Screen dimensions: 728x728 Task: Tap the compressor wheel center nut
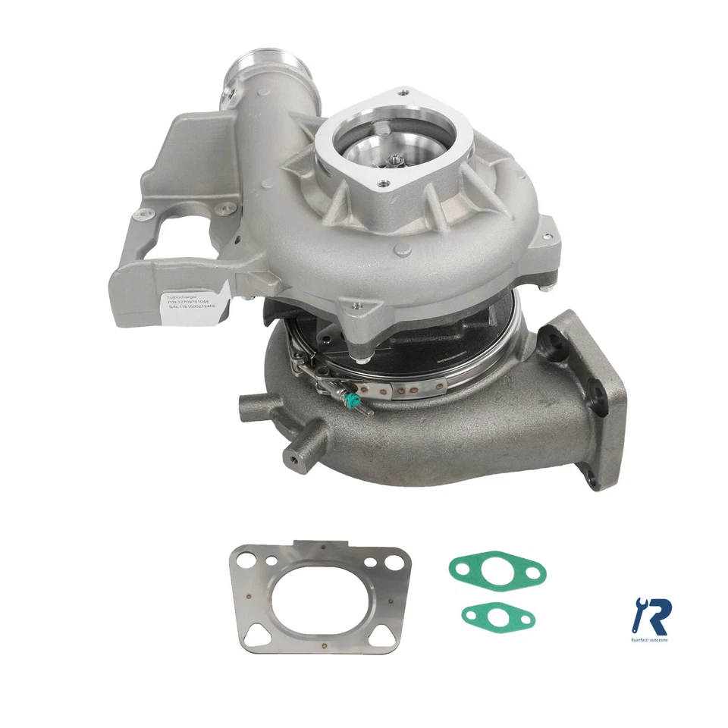pyautogui.click(x=395, y=158)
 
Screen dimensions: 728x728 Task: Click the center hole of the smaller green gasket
pyautogui.click(x=497, y=616)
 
